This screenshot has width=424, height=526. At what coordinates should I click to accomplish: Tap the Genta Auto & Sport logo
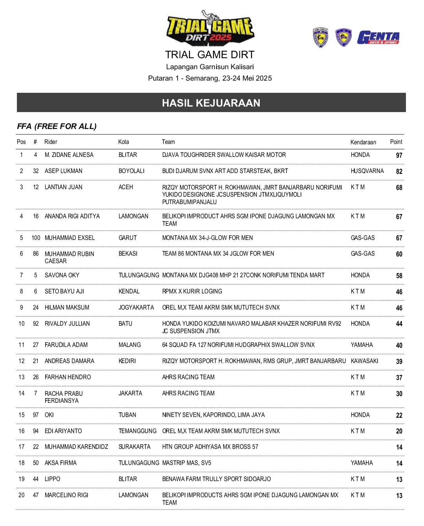tap(378, 38)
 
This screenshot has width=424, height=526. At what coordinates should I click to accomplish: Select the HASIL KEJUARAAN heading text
tap(211, 103)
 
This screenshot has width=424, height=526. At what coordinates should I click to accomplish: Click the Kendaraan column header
tap(363, 142)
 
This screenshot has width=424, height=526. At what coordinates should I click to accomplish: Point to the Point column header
tap(396, 142)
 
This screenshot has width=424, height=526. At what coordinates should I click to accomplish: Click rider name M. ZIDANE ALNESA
tap(69, 155)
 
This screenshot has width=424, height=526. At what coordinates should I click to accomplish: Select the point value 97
tap(399, 155)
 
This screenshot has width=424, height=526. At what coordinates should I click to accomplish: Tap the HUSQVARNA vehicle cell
tap(367, 171)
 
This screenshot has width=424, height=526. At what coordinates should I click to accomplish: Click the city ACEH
tap(126, 187)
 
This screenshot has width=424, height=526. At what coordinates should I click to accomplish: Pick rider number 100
tap(36, 238)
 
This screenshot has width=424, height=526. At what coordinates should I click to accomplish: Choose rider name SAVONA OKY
tap(62, 275)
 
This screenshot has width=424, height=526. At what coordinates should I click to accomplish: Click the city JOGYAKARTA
tap(136, 308)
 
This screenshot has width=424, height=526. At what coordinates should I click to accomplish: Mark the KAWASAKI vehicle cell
tap(365, 361)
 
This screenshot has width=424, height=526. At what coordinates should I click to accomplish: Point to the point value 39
tap(399, 362)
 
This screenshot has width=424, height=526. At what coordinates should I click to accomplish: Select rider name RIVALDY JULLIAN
tap(67, 324)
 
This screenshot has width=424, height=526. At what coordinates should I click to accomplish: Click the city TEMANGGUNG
tap(138, 431)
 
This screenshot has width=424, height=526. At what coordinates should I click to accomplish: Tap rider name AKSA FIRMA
tap(61, 463)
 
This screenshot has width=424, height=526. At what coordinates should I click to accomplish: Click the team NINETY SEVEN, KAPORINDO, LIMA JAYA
tap(213, 415)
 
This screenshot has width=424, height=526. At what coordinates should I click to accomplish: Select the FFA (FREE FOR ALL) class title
tap(57, 126)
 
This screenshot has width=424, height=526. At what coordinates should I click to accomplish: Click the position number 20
tap(22, 495)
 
